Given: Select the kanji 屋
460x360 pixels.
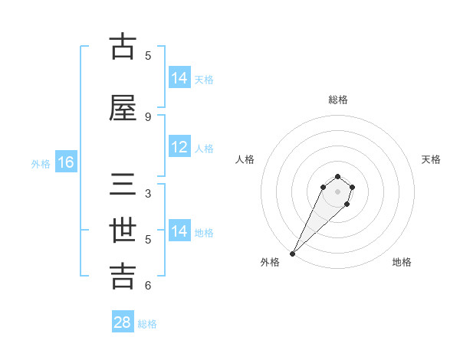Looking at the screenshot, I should click(x=123, y=108).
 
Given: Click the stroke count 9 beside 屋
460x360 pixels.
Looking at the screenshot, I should click(x=148, y=116).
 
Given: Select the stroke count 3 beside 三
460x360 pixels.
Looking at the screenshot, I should click(x=148, y=193).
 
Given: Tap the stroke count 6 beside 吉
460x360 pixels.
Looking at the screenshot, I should click(x=148, y=286).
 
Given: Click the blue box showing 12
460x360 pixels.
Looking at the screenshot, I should click(x=179, y=147).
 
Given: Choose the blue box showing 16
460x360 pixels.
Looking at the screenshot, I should click(x=66, y=162).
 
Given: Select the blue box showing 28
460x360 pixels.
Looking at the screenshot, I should click(x=123, y=322).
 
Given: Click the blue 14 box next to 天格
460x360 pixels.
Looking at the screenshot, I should click(x=179, y=78).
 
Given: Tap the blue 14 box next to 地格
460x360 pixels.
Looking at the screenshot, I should click(x=179, y=231).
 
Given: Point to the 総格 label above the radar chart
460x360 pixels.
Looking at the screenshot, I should click(x=338, y=100).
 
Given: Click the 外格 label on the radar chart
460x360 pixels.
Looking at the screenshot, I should click(x=270, y=263).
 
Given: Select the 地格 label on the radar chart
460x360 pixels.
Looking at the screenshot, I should click(x=402, y=263).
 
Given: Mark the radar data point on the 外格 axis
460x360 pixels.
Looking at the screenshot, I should click(x=292, y=254).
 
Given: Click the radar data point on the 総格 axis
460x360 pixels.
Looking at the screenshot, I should click(x=338, y=175).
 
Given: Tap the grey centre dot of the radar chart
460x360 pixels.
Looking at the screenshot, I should click(x=338, y=191).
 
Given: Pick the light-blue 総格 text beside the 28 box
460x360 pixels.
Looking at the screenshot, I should click(x=147, y=324).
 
